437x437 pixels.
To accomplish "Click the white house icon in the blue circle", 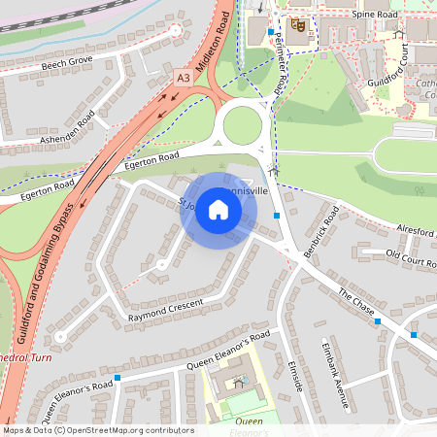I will point(218,210).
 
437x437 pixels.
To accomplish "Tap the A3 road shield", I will point(184,77).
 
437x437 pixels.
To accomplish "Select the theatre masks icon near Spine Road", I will point(298,25).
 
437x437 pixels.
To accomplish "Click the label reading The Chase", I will point(356,302).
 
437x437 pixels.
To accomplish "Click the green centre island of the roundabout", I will point(242,124).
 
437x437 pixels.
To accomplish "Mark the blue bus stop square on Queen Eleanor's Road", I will point(118,377).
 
